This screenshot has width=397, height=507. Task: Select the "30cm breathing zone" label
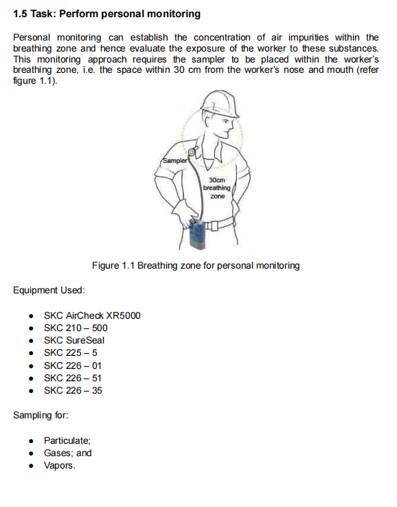217,188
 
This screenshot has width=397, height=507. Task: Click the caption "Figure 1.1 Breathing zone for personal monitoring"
196,265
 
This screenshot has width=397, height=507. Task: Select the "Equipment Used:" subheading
49,290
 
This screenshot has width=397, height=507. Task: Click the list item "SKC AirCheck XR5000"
92,315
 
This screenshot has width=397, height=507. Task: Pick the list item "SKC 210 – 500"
76,328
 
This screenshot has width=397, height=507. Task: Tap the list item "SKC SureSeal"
74,340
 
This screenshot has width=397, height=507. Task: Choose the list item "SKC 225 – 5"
71,352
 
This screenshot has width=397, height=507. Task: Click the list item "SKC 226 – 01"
73,365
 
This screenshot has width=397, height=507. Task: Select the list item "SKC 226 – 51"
73,378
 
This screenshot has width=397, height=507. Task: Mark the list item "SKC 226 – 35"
73,390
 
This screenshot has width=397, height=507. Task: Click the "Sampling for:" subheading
41,416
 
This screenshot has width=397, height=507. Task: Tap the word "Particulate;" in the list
67,440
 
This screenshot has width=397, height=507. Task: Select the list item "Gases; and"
67,453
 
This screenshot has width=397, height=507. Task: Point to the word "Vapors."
60,465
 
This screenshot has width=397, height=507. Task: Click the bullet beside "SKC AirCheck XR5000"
32,316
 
